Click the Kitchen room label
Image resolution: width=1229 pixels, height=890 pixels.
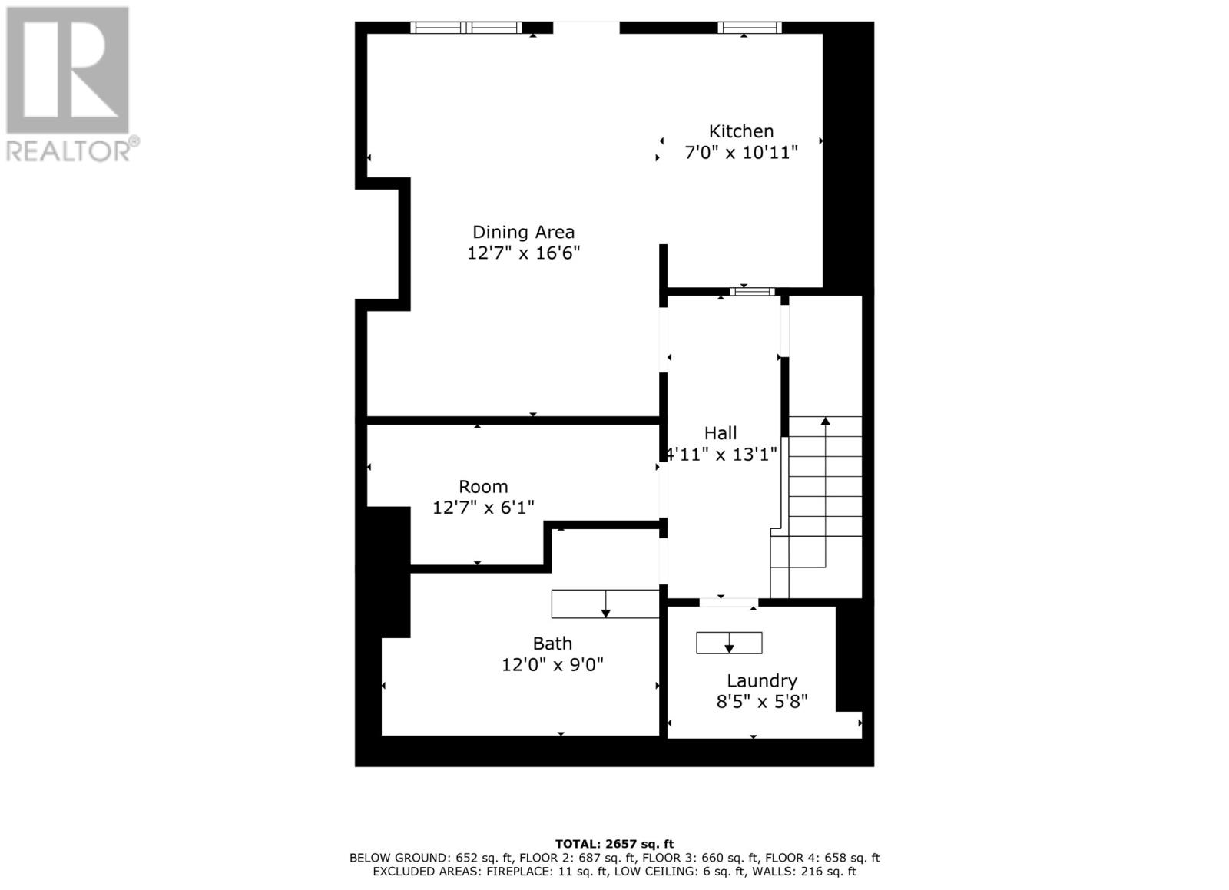[740, 131]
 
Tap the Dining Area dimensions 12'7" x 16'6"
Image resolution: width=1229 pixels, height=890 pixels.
[523, 253]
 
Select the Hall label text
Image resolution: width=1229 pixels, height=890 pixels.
[721, 433]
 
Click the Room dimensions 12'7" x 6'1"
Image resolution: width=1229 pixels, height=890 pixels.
[483, 508]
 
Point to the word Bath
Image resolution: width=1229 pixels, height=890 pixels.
[552, 644]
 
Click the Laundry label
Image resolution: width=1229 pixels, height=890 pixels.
[761, 680]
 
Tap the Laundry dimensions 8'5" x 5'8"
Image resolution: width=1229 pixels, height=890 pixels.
[761, 702]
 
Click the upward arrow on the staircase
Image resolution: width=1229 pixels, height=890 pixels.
[826, 422]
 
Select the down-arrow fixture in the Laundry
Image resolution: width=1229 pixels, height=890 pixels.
[729, 643]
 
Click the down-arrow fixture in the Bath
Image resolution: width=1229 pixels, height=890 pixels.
[605, 604]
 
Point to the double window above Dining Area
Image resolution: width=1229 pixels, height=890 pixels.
[466, 28]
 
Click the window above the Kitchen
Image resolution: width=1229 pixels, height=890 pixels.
[750, 28]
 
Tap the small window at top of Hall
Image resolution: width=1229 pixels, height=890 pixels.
[753, 291]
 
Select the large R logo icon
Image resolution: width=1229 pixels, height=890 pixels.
[68, 70]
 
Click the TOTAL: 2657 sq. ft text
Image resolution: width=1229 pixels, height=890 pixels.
[614, 844]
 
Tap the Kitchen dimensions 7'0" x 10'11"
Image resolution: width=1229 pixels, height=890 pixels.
[740, 153]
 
